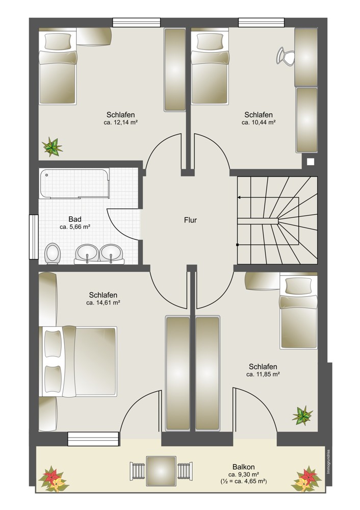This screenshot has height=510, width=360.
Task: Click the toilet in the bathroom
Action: pyautogui.click(x=53, y=253)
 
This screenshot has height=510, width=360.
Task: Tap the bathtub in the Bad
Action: pyautogui.click(x=74, y=184)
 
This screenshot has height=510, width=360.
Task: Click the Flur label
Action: pyautogui.click(x=190, y=220)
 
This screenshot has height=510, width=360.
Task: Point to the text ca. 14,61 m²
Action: pyautogui.click(x=103, y=302)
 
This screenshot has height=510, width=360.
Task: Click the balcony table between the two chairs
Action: pyautogui.click(x=161, y=471)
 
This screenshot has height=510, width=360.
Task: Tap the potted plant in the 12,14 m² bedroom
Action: pyautogui.click(x=52, y=147)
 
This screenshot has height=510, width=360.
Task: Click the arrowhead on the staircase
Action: pyautogui.click(x=239, y=197)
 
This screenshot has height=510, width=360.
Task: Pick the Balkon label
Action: pyautogui.click(x=244, y=467)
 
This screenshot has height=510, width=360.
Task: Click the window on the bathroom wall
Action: pyautogui.click(x=34, y=237)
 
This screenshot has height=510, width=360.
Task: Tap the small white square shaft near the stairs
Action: pyautogui.click(x=311, y=161)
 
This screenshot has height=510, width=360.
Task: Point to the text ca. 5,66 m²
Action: pyautogui.click(x=75, y=227)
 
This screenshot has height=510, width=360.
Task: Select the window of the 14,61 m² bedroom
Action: pyautogui.click(x=93, y=439)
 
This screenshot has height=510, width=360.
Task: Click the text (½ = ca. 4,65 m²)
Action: pyautogui.click(x=243, y=481)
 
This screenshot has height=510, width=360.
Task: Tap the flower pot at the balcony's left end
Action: pyautogui.click(x=53, y=479)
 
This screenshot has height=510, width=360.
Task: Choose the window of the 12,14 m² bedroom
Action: pyautogui.click(x=137, y=22)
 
